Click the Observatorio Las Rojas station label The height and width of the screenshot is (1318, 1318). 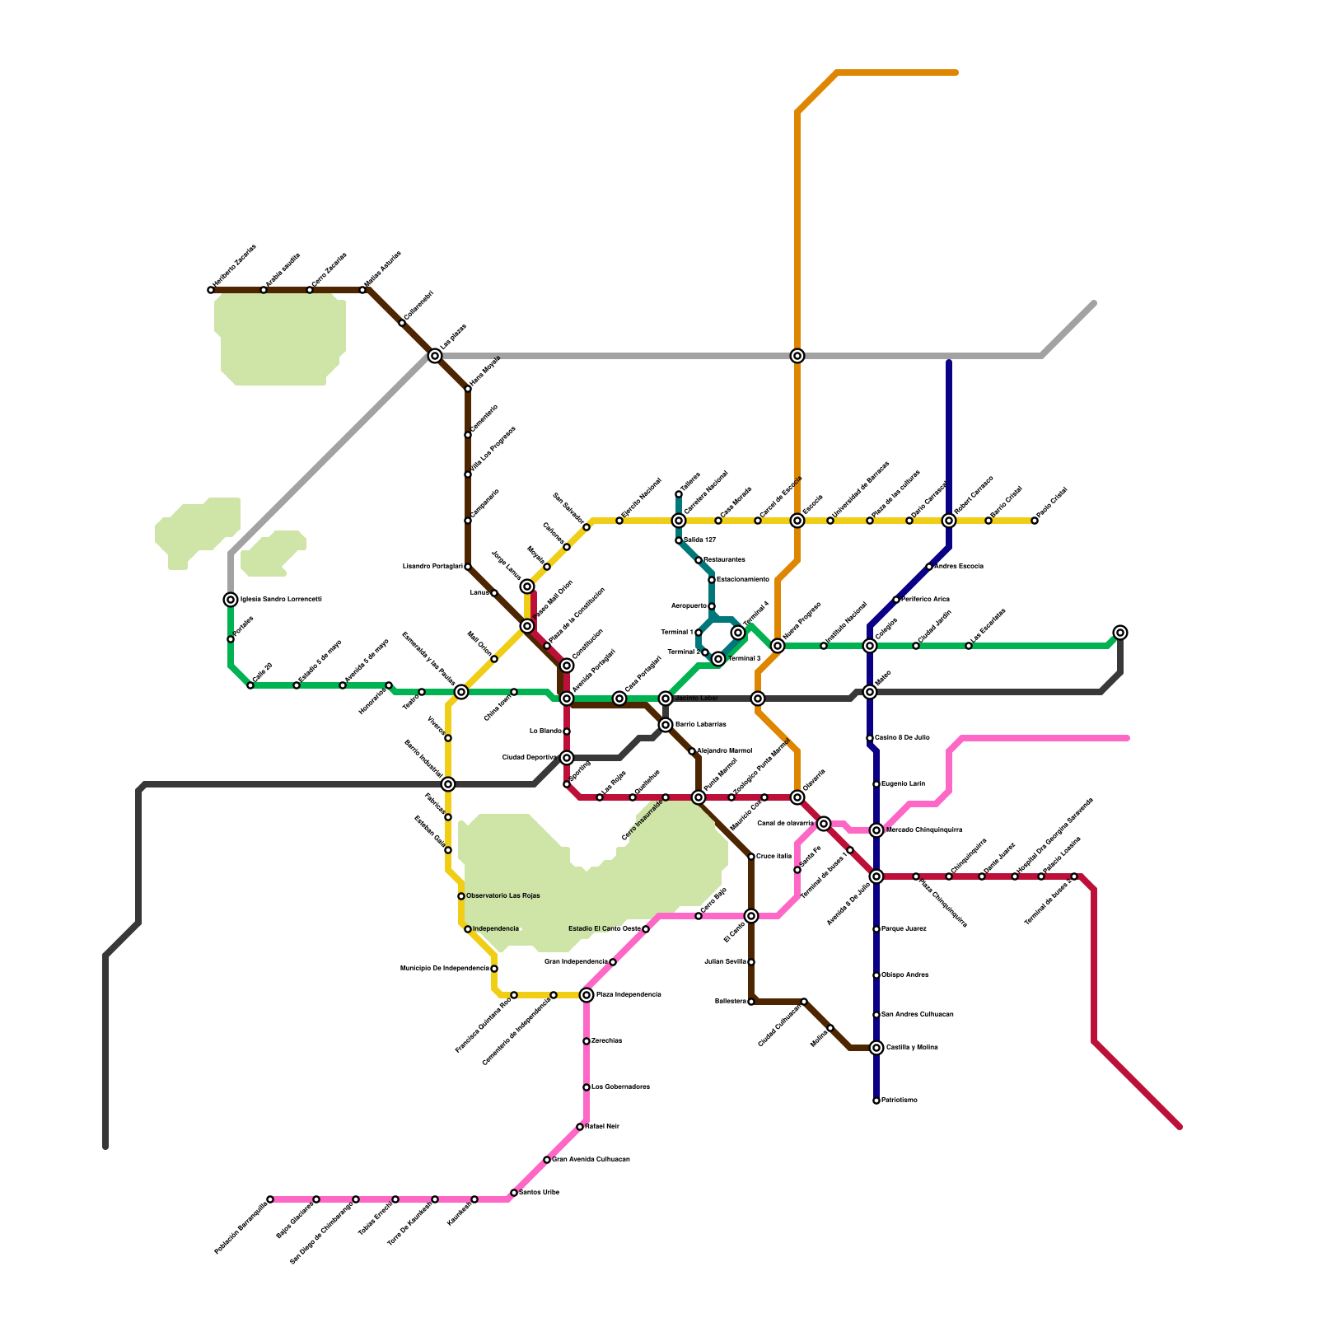pos(502,896)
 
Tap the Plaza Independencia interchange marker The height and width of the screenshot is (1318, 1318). pos(587,995)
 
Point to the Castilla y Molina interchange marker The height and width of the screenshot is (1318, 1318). pos(876,1048)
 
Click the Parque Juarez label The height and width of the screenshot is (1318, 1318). pos(904,929)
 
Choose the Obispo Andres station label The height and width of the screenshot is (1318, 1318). pos(904,975)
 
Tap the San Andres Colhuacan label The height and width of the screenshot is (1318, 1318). pos(917,1015)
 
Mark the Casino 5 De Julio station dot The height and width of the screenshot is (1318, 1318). pos(870,738)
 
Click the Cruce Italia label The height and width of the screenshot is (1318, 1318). pos(774,857)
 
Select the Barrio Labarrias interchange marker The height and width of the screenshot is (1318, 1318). pos(666,725)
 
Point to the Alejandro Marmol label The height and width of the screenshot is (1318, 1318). pos(724,751)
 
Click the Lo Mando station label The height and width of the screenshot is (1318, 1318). pos(545,731)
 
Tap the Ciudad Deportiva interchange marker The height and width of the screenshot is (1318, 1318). pos(567,758)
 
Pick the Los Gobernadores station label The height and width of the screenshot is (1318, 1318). pos(620,1087)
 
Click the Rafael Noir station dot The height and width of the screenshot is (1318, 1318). pos(580,1127)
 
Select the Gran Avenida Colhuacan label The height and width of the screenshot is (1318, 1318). pos(591,1160)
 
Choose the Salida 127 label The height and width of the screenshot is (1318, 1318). pos(699,540)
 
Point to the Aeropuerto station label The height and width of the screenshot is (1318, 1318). pos(689,606)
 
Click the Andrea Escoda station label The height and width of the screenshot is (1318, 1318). pos(958,567)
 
